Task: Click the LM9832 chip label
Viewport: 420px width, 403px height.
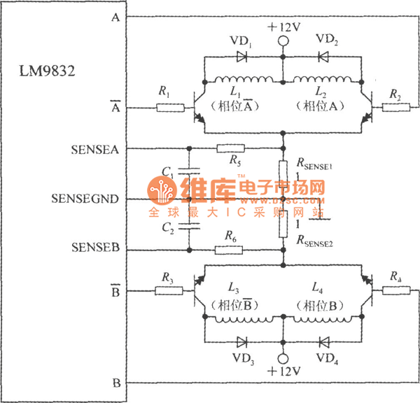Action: [48, 71]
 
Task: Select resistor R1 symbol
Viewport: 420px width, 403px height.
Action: [169, 108]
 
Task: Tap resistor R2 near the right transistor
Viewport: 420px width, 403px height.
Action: [394, 108]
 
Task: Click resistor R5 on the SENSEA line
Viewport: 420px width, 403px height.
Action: [230, 148]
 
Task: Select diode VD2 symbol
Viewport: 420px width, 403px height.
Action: [323, 57]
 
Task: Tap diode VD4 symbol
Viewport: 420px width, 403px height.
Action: [323, 342]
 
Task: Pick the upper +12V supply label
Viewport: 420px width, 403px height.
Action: [283, 27]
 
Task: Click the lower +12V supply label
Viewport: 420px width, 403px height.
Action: [283, 369]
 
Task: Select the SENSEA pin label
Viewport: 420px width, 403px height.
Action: [95, 148]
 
